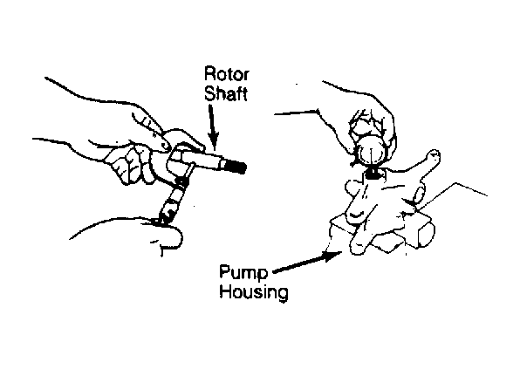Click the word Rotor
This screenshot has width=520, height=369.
point(226,73)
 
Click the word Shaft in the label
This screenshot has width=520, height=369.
point(226,93)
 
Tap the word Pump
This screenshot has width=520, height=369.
point(243,274)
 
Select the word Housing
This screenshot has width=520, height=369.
point(254,292)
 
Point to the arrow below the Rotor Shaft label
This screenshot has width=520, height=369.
point(213,126)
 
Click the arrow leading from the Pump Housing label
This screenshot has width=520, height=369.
point(307,263)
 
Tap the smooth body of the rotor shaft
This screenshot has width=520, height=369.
point(206,159)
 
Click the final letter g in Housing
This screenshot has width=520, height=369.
point(281,294)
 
